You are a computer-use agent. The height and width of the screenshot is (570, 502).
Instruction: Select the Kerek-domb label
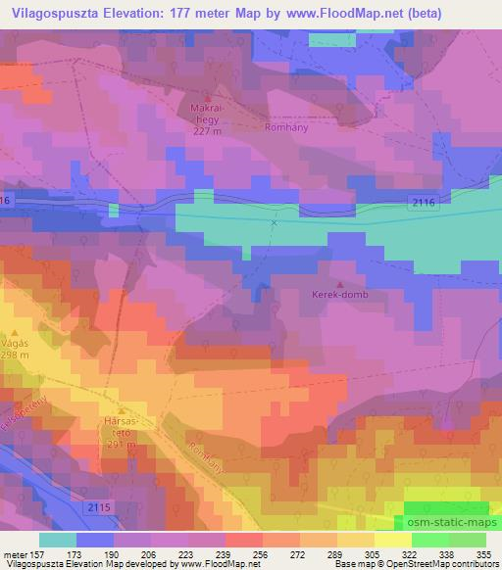pos(338,294)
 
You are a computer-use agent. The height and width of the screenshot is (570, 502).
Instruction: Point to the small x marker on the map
pos(275,222)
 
